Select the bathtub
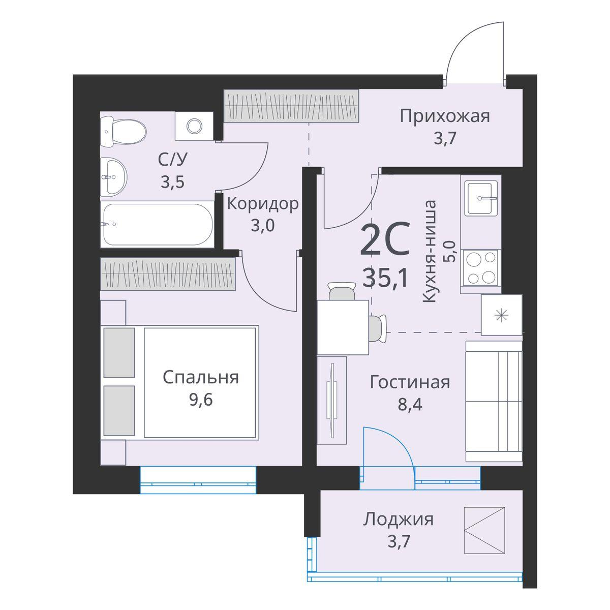157,225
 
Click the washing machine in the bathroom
194,126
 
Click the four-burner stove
480,268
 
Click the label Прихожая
444,116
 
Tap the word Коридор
262,204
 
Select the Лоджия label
398,520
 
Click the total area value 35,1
385,278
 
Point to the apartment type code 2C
384,242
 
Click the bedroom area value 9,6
200,400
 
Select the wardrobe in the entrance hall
292,106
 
